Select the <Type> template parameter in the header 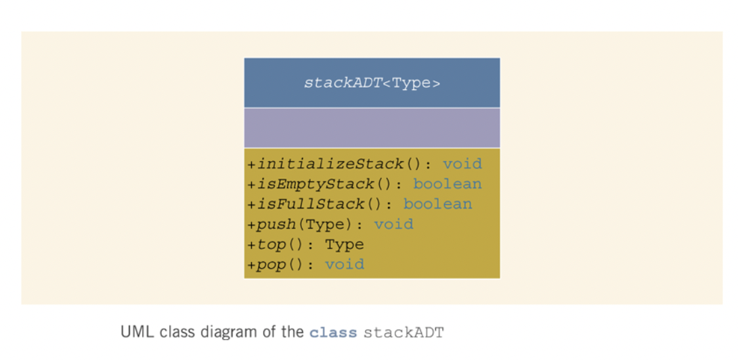tap(412, 83)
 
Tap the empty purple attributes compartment tap(372, 128)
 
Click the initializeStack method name tap(330, 164)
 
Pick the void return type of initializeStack tap(462, 164)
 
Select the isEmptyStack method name tap(316, 184)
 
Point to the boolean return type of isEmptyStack tap(447, 183)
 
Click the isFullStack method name tap(311, 204)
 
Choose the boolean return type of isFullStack tap(437, 204)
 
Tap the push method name tap(276, 224)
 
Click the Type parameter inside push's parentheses tap(325, 224)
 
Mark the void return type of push tap(393, 224)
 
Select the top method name tap(271, 244)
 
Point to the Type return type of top tap(345, 244)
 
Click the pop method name tap(271, 265)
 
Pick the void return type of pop tap(345, 264)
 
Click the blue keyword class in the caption tap(333, 333)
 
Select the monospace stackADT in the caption tap(404, 333)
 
